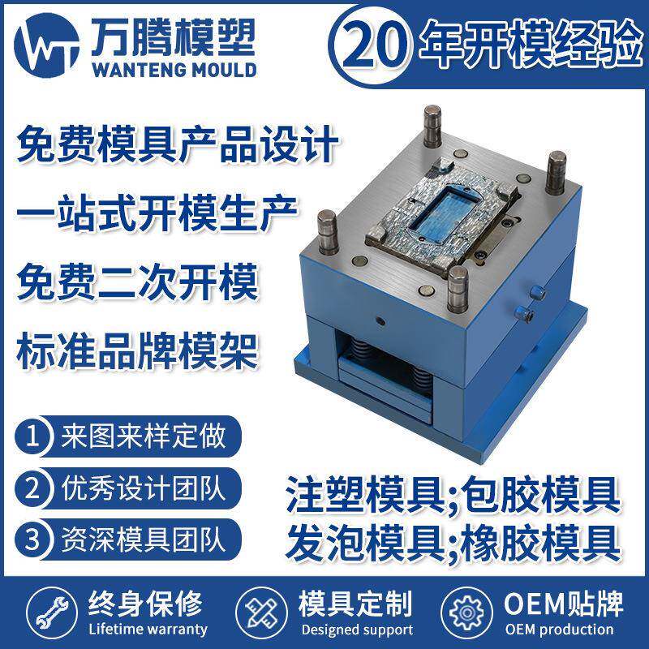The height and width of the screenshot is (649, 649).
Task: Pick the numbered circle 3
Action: coord(33,539)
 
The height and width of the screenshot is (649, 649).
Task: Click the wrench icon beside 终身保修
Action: coord(41,616)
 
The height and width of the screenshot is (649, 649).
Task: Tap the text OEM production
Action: coord(559,629)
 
